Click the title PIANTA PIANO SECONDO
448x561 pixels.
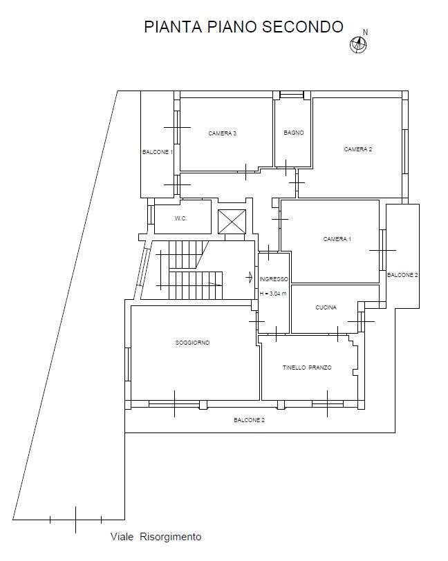243,27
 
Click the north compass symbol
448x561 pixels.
358,45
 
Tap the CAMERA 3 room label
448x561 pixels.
222,133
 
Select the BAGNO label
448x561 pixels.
294,133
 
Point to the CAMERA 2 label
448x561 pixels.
357,149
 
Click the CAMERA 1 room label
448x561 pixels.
337,239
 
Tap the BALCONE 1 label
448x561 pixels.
158,152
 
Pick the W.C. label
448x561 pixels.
181,218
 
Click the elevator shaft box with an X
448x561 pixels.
232,222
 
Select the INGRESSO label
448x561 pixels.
274,279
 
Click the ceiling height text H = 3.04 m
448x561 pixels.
273,294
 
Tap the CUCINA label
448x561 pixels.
326,307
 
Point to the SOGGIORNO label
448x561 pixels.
192,343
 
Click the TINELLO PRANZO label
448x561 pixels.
307,368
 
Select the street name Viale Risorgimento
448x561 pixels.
156,537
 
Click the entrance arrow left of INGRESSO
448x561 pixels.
250,277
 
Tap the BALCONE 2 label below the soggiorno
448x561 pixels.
250,420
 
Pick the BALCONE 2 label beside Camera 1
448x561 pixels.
402,275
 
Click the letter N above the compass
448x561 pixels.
365,32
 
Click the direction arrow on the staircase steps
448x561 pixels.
215,284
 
